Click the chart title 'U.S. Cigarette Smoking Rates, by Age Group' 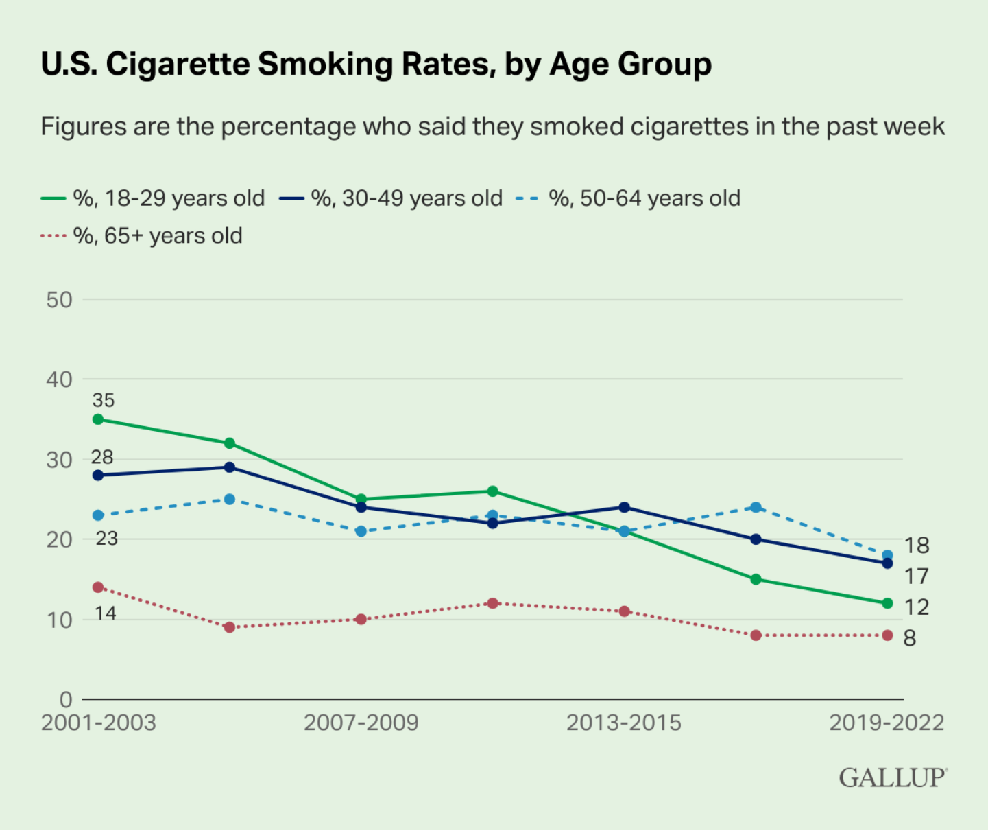[376, 65]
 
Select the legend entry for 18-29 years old [153, 198]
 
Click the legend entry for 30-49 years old [391, 198]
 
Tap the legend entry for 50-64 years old [628, 198]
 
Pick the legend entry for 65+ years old [141, 236]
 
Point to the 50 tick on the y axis [59, 300]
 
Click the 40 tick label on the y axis [59, 379]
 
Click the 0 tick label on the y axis [67, 700]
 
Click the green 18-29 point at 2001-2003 [98, 419]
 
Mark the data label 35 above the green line [103, 401]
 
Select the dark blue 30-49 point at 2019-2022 [887, 563]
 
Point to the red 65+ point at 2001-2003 [98, 587]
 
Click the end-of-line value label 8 [909, 638]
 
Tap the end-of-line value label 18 [917, 546]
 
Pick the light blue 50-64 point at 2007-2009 [361, 531]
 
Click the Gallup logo [893, 778]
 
